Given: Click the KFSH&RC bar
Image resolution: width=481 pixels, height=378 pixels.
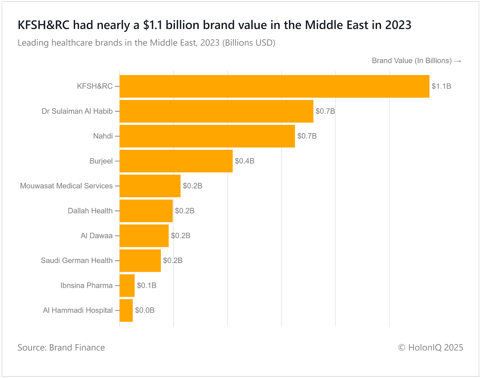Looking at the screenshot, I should click(274, 86).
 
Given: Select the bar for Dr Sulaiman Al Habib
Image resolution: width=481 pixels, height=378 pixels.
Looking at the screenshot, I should click(216, 111).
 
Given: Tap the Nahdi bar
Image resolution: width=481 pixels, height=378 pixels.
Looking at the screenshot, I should click(207, 136).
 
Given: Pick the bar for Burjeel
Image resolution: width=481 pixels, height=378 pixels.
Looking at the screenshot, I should click(176, 161).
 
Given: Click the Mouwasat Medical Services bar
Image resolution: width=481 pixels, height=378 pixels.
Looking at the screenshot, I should click(150, 186).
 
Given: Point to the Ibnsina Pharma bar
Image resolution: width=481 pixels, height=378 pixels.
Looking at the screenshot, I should click(127, 286).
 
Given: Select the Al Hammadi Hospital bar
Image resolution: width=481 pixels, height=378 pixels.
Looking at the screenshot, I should click(126, 310).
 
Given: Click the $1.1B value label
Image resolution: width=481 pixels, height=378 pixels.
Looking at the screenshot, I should click(441, 86).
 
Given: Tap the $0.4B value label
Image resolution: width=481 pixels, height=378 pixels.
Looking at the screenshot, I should click(244, 161).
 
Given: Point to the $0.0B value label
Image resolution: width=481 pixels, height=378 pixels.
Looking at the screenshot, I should click(145, 310).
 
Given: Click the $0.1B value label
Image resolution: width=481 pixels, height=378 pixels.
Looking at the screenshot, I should click(146, 286).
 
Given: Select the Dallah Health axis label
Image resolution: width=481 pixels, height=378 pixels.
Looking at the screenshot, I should click(90, 211).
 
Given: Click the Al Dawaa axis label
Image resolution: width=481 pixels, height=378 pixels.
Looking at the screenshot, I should click(97, 236).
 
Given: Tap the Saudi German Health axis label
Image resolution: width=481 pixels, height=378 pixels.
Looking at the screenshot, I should click(77, 261).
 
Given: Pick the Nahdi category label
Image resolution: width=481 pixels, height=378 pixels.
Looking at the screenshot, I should click(103, 136).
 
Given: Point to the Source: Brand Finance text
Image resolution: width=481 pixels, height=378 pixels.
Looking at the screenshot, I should click(61, 348).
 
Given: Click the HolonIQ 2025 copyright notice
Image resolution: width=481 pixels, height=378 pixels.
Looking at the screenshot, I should click(430, 348).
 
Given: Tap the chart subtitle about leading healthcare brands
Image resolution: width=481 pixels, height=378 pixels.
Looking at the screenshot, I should click(146, 43).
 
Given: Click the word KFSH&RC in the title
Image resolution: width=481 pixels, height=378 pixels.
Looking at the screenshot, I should click(44, 25).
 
